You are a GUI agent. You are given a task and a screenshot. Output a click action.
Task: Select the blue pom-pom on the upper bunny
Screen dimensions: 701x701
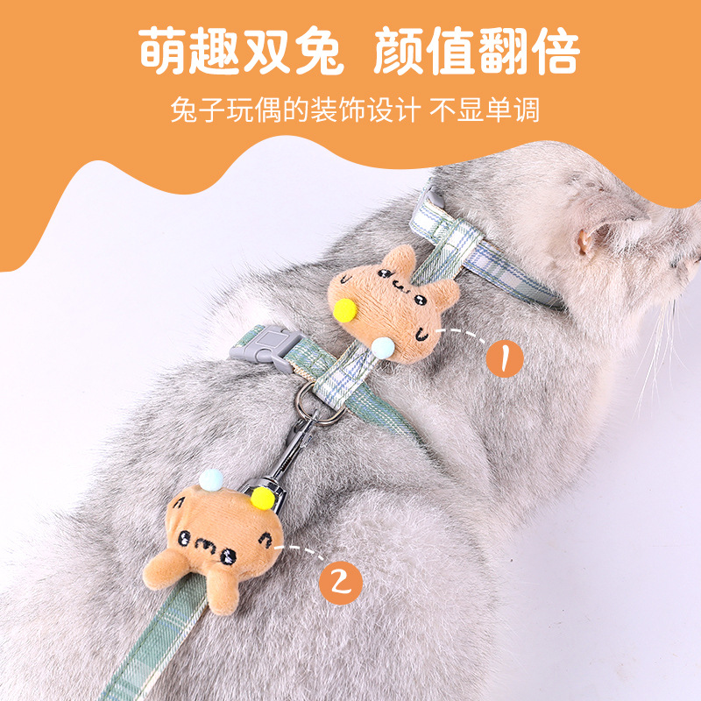tap(382, 349)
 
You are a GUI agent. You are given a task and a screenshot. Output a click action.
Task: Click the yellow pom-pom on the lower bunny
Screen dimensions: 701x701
tap(260, 499)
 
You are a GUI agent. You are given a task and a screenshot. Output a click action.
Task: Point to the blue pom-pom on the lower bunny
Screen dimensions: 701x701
tap(211, 479)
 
